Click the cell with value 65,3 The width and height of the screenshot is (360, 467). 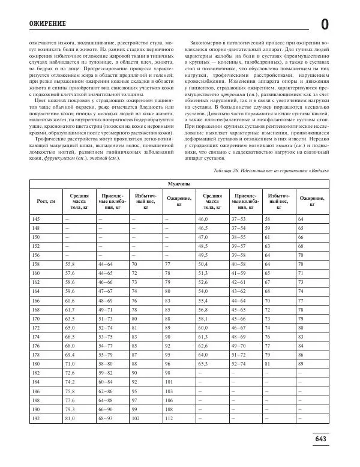tap(203, 363)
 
